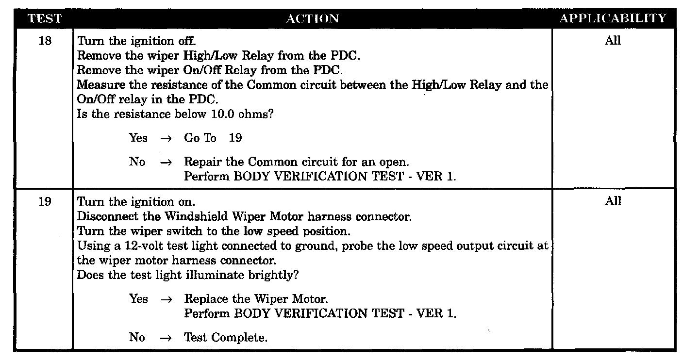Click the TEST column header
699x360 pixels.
(x=45, y=19)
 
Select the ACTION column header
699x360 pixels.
(x=313, y=19)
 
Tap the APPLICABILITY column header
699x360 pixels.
(x=613, y=19)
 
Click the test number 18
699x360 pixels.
(x=45, y=41)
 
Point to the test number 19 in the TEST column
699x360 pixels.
(x=45, y=201)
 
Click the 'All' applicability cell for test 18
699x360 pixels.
(x=613, y=41)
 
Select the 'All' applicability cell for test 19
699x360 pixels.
(x=613, y=201)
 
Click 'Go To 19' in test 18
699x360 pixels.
(x=213, y=138)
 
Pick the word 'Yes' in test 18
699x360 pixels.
(x=138, y=138)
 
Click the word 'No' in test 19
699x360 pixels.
(x=137, y=337)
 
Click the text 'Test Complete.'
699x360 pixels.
(x=226, y=337)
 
